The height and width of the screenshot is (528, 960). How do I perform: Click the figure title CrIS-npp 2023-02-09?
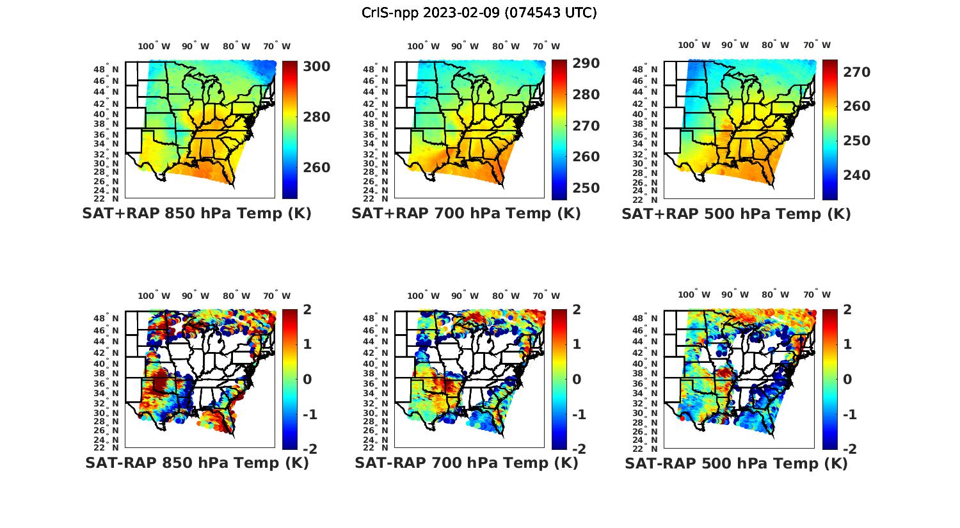tap(479, 13)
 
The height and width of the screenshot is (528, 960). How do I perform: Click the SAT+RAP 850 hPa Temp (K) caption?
tap(196, 214)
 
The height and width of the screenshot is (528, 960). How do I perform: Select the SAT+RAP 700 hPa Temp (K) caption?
tap(466, 214)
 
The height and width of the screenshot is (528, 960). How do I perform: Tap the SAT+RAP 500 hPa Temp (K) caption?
tap(736, 214)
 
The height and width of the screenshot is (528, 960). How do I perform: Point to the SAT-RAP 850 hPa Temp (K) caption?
tap(196, 463)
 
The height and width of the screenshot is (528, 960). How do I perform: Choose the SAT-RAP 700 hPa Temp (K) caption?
tap(466, 463)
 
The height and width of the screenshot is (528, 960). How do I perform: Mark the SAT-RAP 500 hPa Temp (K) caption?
tap(736, 463)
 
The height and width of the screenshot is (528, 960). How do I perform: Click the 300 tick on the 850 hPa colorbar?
tap(316, 67)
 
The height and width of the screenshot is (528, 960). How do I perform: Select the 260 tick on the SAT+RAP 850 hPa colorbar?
tap(316, 168)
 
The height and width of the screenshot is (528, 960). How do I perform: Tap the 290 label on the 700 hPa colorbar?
tap(586, 63)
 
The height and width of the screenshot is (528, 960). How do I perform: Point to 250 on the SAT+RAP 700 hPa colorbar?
tap(586, 188)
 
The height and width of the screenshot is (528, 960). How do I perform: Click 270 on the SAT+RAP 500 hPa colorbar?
tap(856, 72)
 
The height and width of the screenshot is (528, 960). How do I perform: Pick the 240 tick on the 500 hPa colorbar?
tap(856, 175)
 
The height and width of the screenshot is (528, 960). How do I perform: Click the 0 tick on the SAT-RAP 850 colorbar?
tap(307, 379)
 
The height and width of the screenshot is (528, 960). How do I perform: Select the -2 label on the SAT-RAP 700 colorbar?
tap(578, 449)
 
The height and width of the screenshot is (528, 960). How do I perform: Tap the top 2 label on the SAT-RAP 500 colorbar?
tap(847, 310)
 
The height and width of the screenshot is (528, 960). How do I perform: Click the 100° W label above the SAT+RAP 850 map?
tap(154, 46)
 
